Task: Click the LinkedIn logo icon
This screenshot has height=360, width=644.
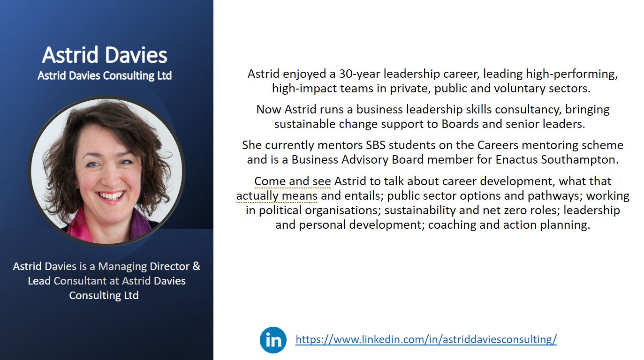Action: point(273,340)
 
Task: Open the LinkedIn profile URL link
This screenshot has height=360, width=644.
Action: point(426,339)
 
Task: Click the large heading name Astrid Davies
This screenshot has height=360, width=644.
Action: point(105,54)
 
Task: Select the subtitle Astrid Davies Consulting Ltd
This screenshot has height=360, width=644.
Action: point(105,75)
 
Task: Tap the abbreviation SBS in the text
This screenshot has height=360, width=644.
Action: point(376,145)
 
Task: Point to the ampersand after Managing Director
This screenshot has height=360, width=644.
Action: point(197,266)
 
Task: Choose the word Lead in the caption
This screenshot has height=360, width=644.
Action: point(39,281)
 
